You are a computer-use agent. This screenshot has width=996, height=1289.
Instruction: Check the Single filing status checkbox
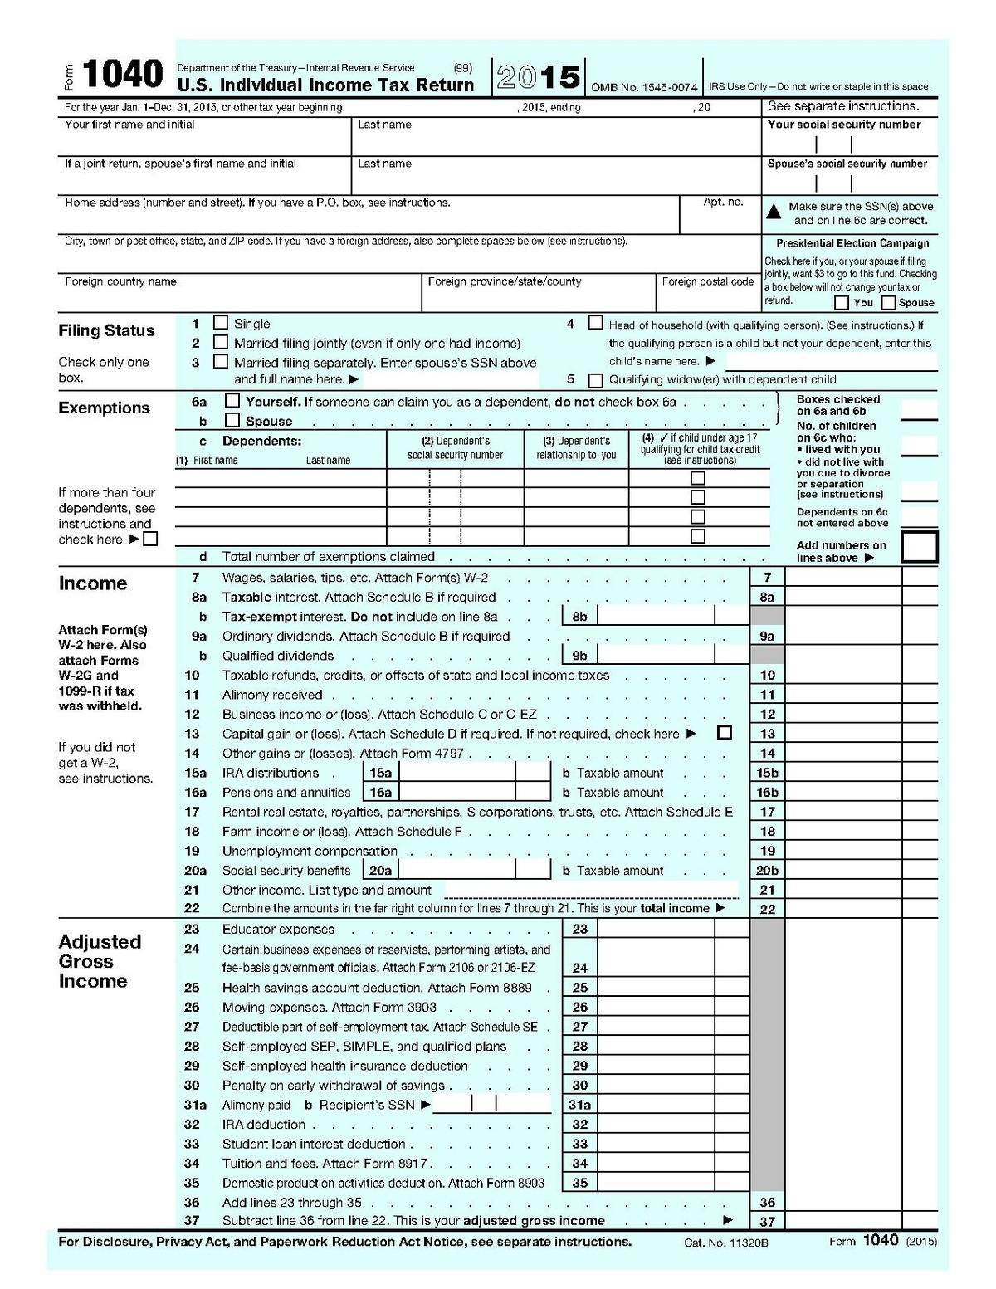point(221,322)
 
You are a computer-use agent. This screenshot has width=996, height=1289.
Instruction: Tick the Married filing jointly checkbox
point(221,342)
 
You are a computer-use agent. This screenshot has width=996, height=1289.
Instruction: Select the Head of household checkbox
point(595,322)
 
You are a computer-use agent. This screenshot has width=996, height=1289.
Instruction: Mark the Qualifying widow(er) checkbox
point(595,381)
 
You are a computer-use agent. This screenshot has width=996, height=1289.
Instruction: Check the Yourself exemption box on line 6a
point(232,402)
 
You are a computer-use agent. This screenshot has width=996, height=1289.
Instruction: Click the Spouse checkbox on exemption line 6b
point(232,421)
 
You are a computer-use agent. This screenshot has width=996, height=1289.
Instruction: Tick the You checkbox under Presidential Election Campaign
point(842,303)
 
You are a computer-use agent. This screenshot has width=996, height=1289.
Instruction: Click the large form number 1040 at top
point(122,75)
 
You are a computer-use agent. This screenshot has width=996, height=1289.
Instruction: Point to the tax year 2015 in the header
point(538,77)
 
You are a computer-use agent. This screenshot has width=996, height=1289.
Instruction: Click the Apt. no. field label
point(723,202)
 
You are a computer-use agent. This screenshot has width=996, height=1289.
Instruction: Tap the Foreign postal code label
point(707,281)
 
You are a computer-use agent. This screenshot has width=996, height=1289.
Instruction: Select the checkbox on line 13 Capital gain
point(725,733)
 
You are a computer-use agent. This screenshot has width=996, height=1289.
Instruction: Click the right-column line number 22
point(767,909)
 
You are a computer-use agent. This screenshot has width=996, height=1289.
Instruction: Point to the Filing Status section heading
point(106,330)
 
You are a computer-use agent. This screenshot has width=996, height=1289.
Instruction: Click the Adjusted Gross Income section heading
point(100,961)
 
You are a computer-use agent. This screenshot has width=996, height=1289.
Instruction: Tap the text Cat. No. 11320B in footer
point(726,1243)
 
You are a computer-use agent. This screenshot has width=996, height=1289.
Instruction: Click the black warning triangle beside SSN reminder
point(774,212)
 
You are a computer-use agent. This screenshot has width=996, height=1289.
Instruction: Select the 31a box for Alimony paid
point(579,1105)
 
